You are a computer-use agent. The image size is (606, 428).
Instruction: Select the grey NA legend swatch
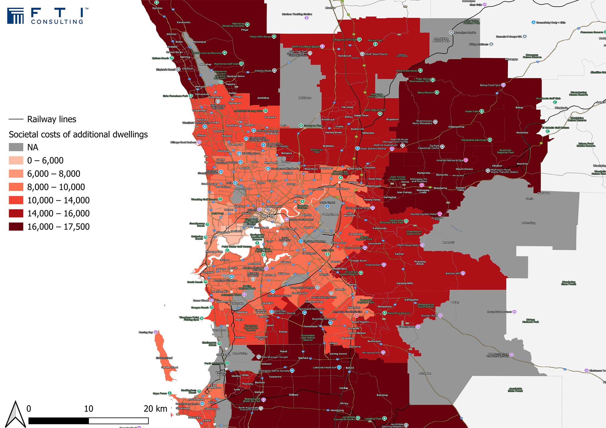(16, 147)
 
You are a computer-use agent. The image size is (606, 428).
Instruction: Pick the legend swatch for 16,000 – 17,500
(16, 226)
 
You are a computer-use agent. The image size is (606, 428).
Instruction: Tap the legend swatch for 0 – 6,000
(16, 160)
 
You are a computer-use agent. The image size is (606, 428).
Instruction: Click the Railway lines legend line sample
(16, 119)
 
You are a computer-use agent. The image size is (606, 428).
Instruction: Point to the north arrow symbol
(16, 414)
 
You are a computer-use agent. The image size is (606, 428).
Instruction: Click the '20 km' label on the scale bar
(155, 409)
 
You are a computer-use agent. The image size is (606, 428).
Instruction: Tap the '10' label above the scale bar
(88, 409)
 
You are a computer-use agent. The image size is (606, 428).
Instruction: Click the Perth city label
(268, 216)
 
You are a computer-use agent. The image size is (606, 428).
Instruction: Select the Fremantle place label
(208, 272)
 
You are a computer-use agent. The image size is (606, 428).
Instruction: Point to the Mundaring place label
(440, 188)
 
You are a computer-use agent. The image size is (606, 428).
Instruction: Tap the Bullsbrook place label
(345, 56)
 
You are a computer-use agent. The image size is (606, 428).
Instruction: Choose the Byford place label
(350, 368)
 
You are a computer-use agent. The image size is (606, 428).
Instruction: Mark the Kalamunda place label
(379, 228)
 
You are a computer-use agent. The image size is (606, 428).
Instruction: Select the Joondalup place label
(216, 97)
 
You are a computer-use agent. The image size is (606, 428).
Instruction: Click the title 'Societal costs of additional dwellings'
(78, 134)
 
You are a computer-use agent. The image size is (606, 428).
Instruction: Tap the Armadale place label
(353, 328)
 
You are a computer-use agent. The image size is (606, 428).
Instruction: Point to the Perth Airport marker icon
(327, 206)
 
